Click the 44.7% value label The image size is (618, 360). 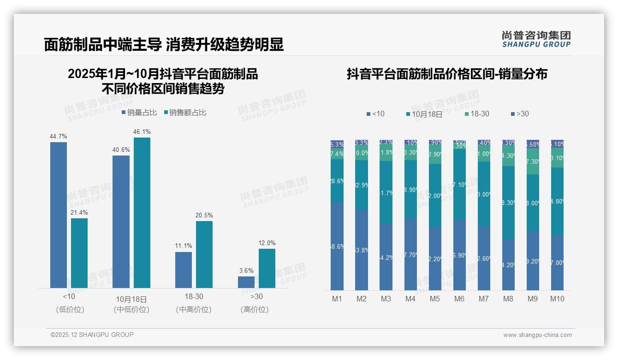(x=59, y=136)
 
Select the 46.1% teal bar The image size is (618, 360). (x=142, y=212)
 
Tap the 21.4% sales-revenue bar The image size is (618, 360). (x=79, y=253)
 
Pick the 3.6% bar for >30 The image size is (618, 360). (x=246, y=282)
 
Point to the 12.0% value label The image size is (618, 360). (x=267, y=243)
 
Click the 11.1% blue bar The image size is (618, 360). (x=184, y=270)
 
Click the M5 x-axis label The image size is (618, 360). (x=435, y=299)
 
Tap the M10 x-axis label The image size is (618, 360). (x=557, y=299)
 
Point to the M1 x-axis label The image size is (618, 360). (x=337, y=299)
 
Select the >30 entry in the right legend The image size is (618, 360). (x=520, y=114)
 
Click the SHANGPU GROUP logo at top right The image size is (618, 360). (x=536, y=39)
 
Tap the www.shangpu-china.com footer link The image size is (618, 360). (x=537, y=335)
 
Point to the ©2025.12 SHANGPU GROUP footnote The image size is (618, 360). (x=92, y=335)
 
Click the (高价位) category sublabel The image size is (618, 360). (x=255, y=310)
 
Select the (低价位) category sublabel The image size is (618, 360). (x=70, y=310)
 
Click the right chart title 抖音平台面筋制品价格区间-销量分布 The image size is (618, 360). (x=447, y=74)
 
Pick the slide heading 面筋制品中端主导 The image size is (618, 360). (x=102, y=44)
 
